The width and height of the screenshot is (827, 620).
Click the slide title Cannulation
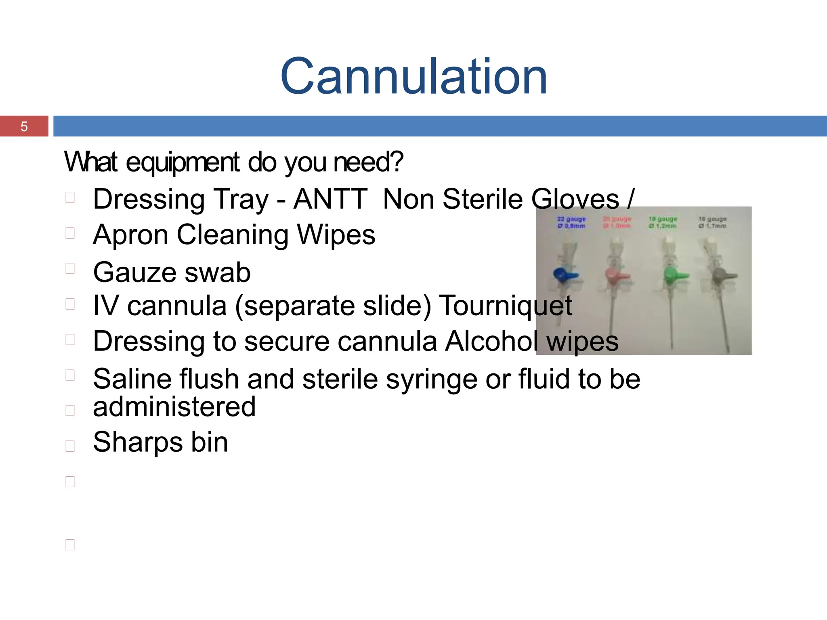pyautogui.click(x=413, y=77)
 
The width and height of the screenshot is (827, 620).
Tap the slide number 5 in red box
pyautogui.click(x=24, y=127)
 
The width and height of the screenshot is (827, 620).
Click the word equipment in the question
pyautogui.click(x=183, y=162)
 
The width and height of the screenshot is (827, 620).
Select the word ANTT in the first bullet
pyautogui.click(x=330, y=199)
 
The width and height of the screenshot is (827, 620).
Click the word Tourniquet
pyautogui.click(x=505, y=306)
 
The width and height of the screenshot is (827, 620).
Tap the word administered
pyautogui.click(x=174, y=407)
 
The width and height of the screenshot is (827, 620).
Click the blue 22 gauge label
pyautogui.click(x=571, y=222)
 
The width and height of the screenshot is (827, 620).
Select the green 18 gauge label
pyautogui.click(x=663, y=222)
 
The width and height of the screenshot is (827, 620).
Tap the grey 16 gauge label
pyautogui.click(x=712, y=222)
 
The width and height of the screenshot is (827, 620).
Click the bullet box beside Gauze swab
pyautogui.click(x=70, y=268)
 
